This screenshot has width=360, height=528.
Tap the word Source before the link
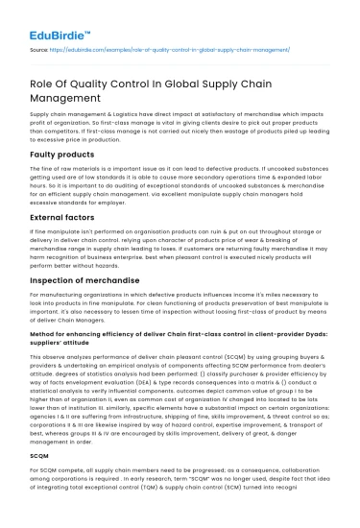click(x=40, y=45)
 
